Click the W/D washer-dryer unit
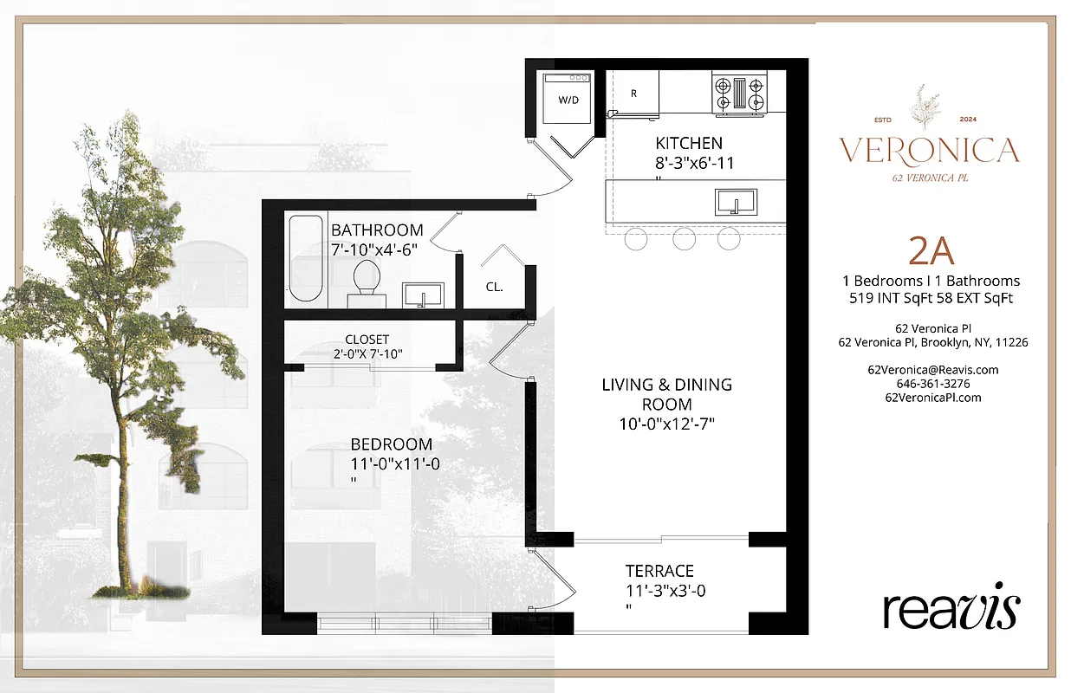[x=568, y=100]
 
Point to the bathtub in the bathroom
[x=306, y=257]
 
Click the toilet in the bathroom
[x=367, y=282]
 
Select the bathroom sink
[x=424, y=294]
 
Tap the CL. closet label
[x=494, y=287]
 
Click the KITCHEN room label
[x=689, y=143]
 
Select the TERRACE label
[x=660, y=571]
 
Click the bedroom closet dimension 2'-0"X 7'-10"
[x=367, y=353]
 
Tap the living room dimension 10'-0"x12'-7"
[x=666, y=424]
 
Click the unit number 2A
[x=931, y=251]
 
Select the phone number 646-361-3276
[x=932, y=383]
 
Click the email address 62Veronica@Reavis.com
[x=932, y=369]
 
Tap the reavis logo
[x=951, y=611]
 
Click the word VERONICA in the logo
[x=929, y=151]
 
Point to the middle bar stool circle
[x=684, y=238]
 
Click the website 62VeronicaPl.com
[x=932, y=397]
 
